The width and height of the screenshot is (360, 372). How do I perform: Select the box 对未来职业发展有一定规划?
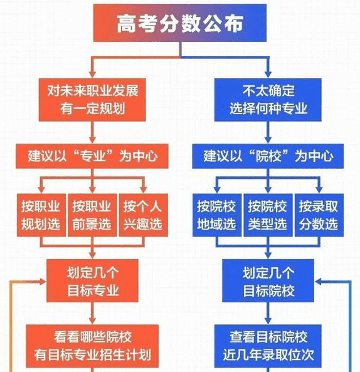[x=93, y=99]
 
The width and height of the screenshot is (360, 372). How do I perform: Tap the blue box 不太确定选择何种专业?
[x=268, y=99]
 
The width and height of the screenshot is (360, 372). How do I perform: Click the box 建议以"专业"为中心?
[x=93, y=155]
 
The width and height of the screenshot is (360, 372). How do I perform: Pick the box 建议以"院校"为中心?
[x=268, y=155]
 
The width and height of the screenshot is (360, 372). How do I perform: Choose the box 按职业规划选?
[x=40, y=215]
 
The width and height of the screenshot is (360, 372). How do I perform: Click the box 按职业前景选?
[x=92, y=215]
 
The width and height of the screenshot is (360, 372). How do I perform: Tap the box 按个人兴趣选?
[x=143, y=215]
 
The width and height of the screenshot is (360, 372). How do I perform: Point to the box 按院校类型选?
[x=267, y=215]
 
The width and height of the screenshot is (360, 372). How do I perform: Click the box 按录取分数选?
[x=319, y=215]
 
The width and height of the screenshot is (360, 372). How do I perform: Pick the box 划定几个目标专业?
[x=93, y=281]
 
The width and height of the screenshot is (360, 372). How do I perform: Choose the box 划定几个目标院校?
[x=268, y=281]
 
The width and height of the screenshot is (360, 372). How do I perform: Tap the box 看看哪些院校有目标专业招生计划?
[x=93, y=346]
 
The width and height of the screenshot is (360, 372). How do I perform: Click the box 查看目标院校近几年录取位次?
[x=268, y=346]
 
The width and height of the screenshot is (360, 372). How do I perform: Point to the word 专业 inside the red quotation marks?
[x=93, y=155]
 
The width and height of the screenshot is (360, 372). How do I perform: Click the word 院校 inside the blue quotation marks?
[x=268, y=155]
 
